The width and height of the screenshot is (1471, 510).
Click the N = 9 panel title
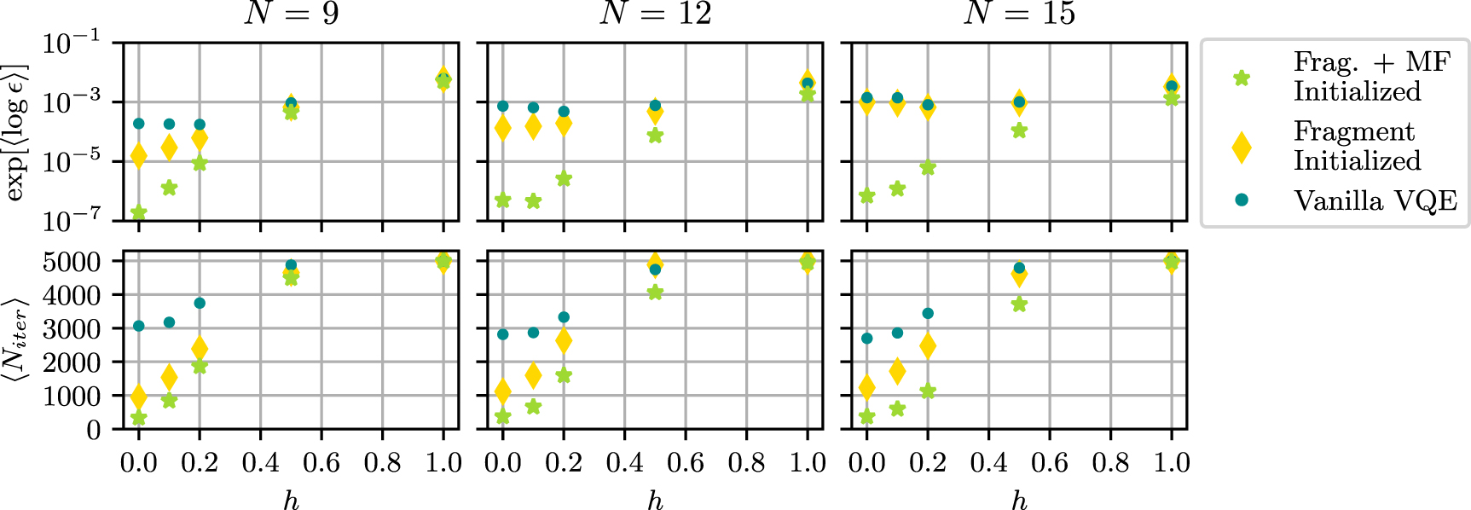tap(291, 14)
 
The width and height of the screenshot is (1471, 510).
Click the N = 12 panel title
tap(655, 14)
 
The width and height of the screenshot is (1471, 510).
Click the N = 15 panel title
tap(1019, 14)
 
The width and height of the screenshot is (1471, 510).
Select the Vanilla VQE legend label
tap(1375, 200)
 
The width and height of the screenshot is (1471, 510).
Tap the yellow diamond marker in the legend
tap(1242, 147)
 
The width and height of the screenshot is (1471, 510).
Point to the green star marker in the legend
tap(1242, 78)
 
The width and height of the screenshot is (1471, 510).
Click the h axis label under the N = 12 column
tap(655, 500)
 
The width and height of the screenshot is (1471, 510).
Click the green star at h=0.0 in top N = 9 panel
tap(138, 212)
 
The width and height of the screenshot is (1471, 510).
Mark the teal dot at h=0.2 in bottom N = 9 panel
tap(200, 303)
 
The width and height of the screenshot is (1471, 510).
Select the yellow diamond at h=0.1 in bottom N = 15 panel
tap(897, 371)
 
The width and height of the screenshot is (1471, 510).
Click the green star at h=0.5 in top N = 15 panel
tap(1019, 130)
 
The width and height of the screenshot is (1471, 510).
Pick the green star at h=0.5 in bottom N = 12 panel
tap(655, 293)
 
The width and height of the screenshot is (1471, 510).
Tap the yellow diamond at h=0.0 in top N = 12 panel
tap(503, 129)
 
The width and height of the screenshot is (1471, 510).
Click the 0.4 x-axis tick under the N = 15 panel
tap(988, 463)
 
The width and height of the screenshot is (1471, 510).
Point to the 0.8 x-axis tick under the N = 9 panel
tap(382, 463)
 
